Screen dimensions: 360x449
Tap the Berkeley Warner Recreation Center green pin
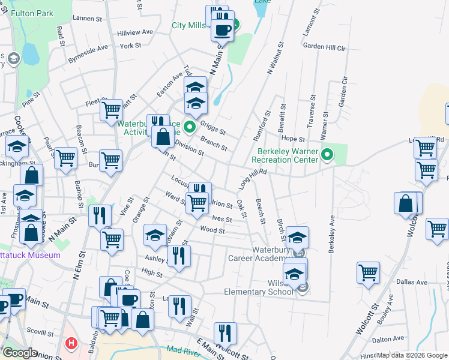click(327, 155)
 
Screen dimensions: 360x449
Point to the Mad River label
click(182, 350)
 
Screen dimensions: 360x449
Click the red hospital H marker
click(71, 344)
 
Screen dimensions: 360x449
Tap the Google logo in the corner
click(20, 353)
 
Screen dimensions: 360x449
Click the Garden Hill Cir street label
click(325, 46)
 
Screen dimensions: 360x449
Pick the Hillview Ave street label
click(135, 32)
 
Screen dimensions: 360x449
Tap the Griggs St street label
click(212, 128)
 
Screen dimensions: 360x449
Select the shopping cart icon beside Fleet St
click(111, 110)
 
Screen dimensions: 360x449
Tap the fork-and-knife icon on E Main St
click(225, 332)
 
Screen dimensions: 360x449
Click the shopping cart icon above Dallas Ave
click(369, 272)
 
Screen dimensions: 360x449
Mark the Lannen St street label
click(88, 19)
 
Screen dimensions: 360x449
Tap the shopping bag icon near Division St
click(163, 137)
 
